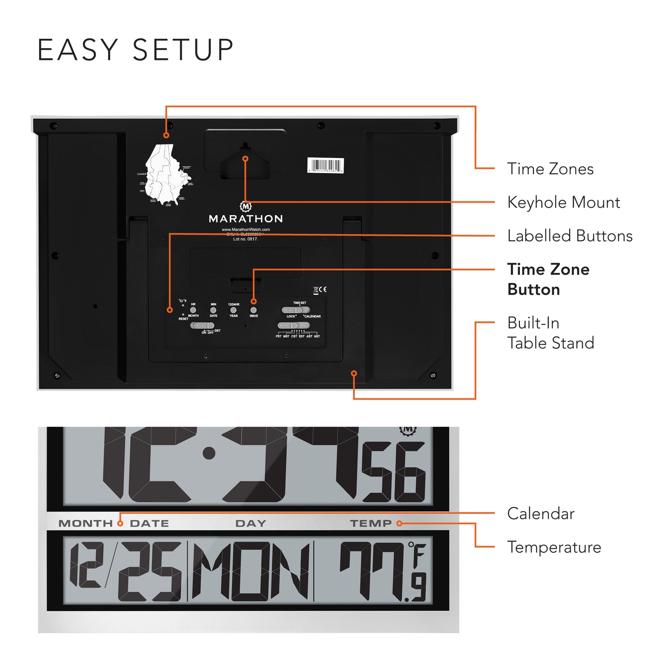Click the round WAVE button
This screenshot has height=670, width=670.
[x=254, y=310]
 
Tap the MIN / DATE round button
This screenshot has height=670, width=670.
[x=213, y=310]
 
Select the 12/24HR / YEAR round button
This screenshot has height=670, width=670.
[x=233, y=310]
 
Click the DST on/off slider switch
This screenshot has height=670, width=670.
[x=202, y=325]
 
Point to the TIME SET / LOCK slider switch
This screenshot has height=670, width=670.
[x=296, y=310]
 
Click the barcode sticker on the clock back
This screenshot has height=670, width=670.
[x=325, y=165]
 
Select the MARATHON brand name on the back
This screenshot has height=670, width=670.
[x=246, y=219]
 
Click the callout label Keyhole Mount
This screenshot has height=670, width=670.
[x=563, y=202]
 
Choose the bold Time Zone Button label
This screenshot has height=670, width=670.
[x=548, y=279]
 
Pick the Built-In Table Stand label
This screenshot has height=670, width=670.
[x=550, y=333]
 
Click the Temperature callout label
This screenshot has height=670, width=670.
[x=554, y=547]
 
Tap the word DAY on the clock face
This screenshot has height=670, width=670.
[x=250, y=523]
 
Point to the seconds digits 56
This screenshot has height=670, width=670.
[x=394, y=472]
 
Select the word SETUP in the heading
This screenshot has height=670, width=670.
[x=183, y=50]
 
